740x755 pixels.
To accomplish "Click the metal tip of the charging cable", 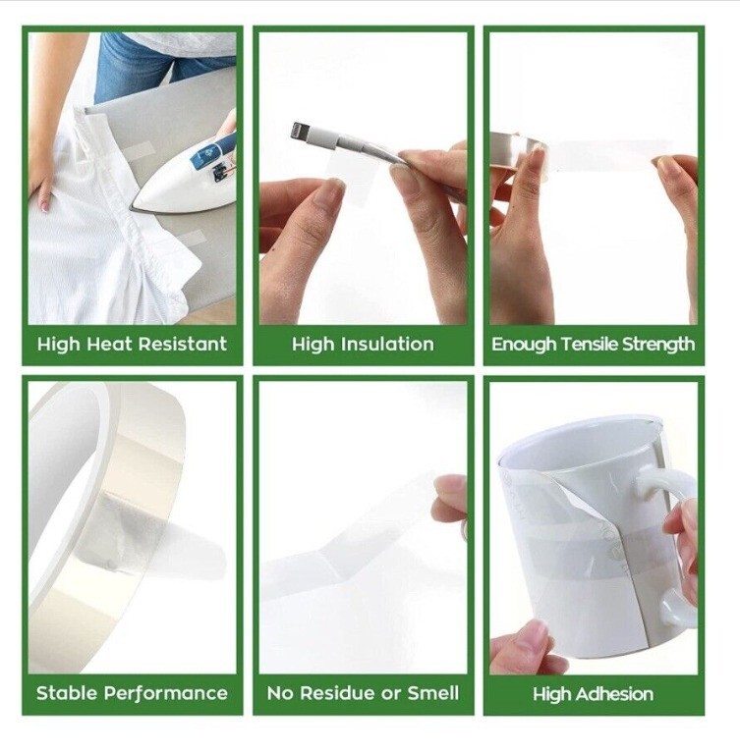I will [300, 130].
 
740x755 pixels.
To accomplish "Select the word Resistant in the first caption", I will [183, 344].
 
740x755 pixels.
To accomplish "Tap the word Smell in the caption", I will [433, 693].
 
